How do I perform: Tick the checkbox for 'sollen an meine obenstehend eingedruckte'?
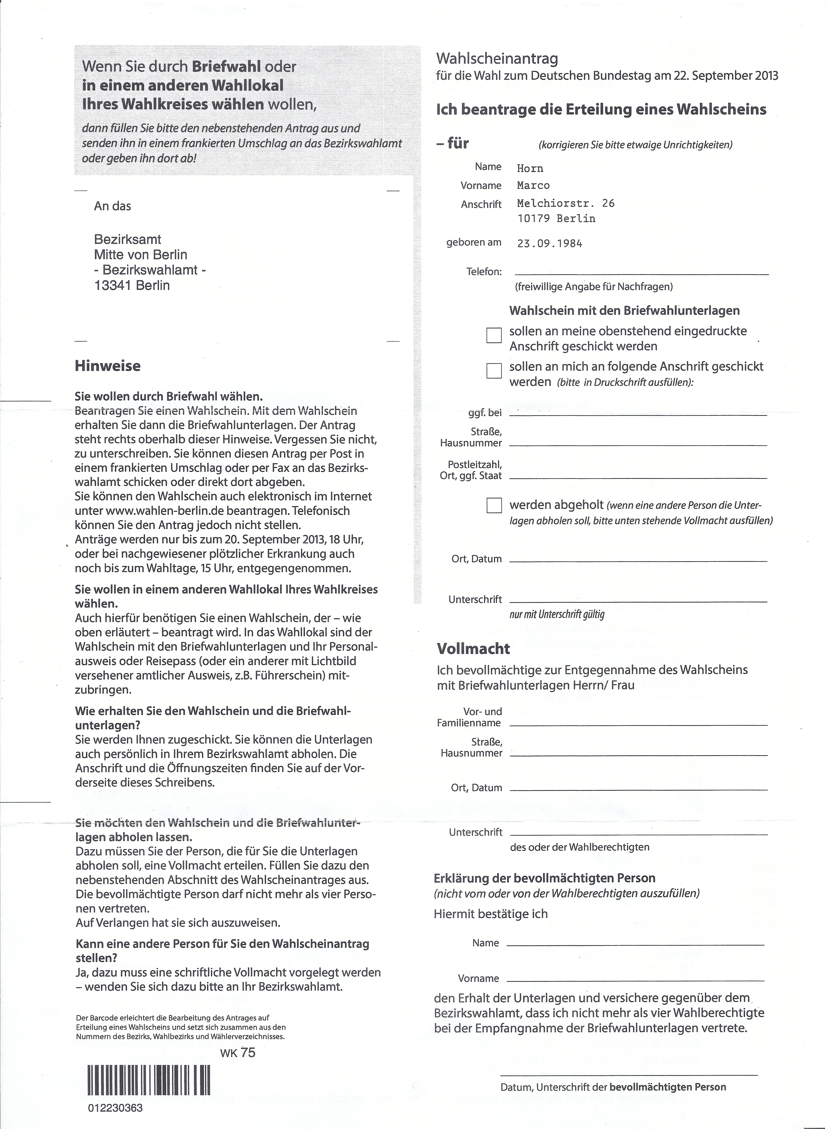pos(494,335)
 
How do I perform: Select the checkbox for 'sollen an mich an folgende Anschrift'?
pos(494,371)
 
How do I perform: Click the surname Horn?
pos(530,168)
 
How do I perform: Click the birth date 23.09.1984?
pos(549,244)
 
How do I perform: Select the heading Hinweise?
pos(107,366)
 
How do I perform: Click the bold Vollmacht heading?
pos(473,649)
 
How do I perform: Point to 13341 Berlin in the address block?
pos(132,285)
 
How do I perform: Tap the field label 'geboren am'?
pos(473,243)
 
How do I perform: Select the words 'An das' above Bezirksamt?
pos(112,206)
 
